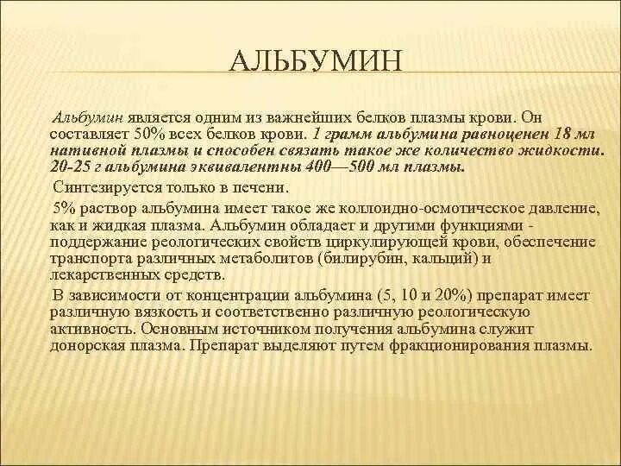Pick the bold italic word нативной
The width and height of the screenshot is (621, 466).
(x=85, y=152)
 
